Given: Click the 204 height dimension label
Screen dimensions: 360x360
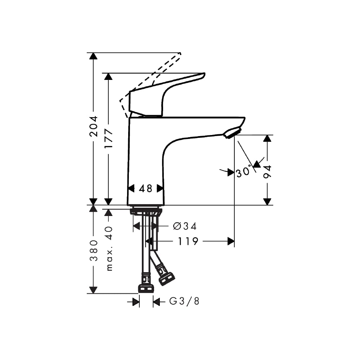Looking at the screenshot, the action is tap(94, 126).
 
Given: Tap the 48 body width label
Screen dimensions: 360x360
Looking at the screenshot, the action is tap(145, 189).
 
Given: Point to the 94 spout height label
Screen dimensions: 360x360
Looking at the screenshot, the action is tap(267, 171).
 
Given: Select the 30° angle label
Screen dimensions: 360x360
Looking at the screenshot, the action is tap(243, 172).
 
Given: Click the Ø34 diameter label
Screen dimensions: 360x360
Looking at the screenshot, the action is tap(185, 226).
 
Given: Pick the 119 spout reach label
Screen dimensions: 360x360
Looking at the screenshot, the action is tap(188, 241).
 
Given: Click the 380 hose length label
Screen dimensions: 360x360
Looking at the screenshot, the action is tap(94, 251).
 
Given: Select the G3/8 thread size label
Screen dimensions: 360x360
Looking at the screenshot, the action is tap(184, 301).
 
